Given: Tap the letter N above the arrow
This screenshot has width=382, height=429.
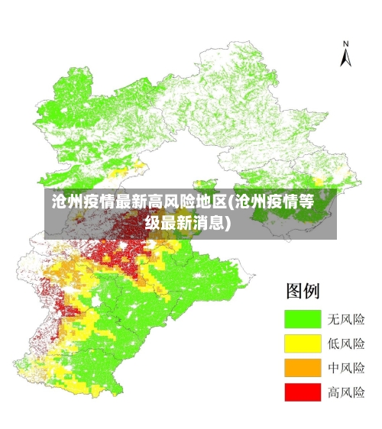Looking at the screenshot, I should [x=345, y=44].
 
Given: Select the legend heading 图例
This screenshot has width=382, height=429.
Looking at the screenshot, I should [x=303, y=291].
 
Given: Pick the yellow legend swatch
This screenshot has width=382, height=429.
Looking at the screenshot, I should [x=302, y=344].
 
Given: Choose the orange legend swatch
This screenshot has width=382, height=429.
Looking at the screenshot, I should [x=302, y=368].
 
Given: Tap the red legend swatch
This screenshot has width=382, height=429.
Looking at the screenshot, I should [x=302, y=392].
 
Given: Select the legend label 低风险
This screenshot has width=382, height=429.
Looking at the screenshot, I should [x=346, y=344].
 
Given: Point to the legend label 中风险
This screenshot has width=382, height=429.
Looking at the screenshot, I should [x=346, y=368].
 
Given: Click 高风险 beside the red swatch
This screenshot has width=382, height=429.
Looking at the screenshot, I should [x=346, y=392].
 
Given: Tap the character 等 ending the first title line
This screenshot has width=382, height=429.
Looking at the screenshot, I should [x=306, y=202].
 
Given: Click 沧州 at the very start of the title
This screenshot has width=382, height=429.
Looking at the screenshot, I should [x=67, y=202].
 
